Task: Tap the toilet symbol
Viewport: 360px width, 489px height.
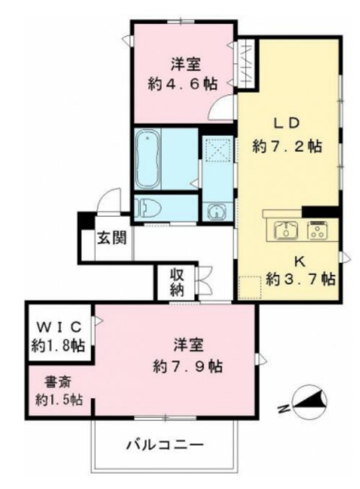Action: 147,207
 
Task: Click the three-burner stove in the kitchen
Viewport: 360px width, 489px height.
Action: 317,230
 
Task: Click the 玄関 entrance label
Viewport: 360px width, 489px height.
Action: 111,238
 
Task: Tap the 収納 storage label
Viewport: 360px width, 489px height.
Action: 177,282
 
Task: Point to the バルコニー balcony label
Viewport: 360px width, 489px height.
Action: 164,443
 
